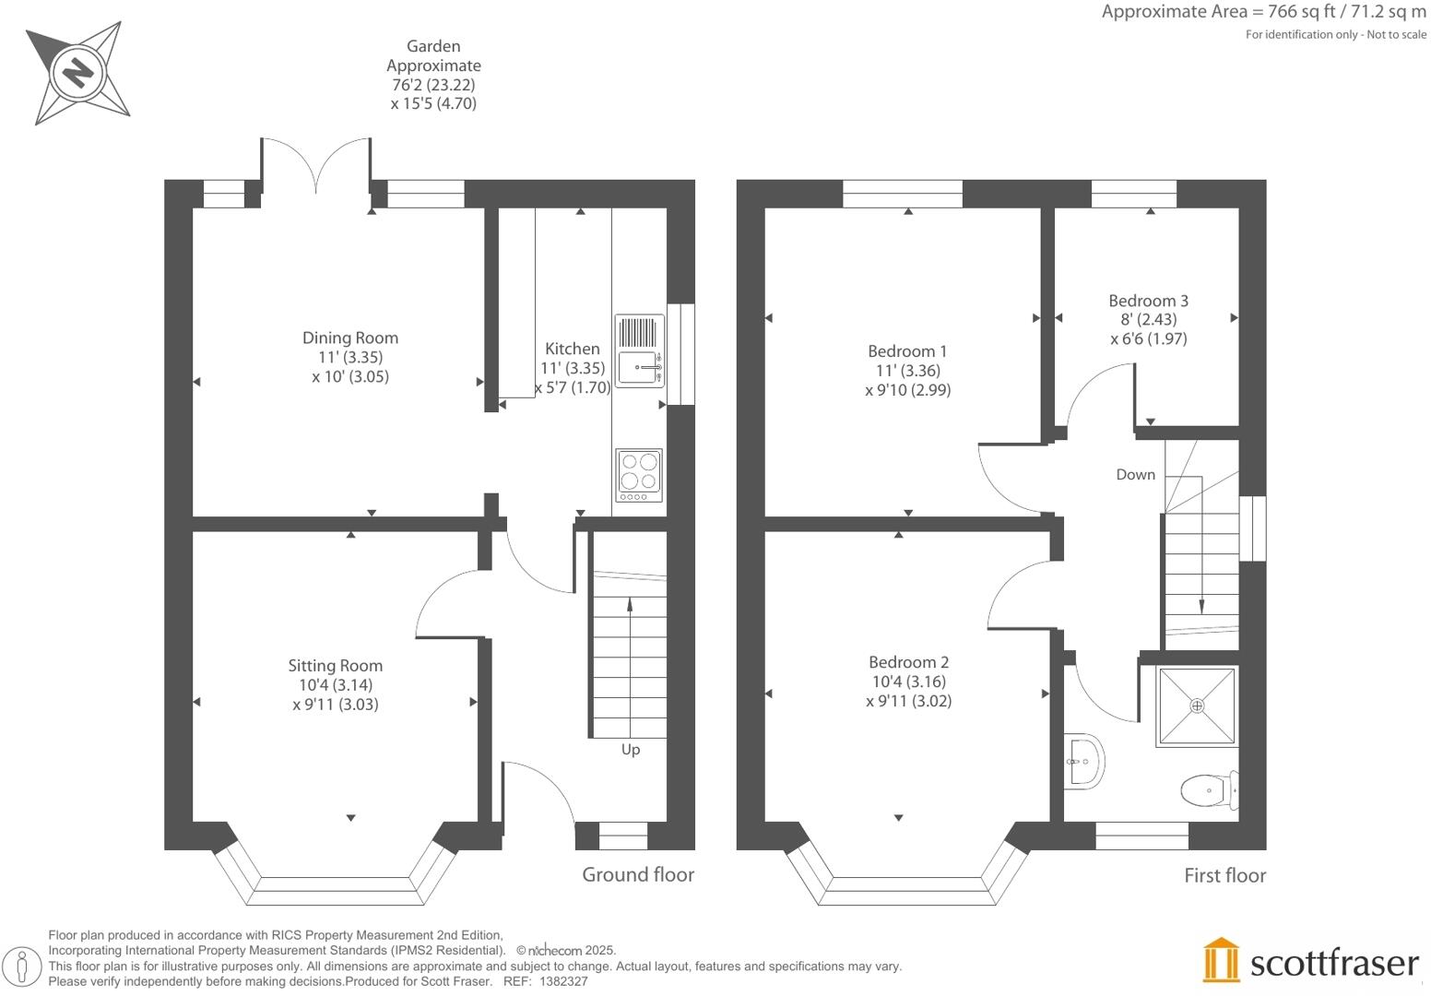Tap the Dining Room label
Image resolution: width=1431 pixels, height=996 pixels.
click(350, 338)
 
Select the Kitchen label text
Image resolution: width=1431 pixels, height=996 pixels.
click(572, 349)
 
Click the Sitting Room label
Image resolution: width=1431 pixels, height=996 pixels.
click(335, 665)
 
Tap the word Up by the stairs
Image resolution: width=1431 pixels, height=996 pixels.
click(631, 749)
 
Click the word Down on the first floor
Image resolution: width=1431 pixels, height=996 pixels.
click(1135, 474)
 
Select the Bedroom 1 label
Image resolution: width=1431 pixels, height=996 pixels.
click(907, 350)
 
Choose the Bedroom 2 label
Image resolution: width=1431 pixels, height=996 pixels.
click(908, 661)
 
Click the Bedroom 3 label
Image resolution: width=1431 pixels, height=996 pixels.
click(1148, 301)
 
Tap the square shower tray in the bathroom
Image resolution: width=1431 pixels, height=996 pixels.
click(1197, 705)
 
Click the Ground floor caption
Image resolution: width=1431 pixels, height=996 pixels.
click(638, 874)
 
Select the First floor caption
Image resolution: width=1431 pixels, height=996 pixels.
click(1224, 875)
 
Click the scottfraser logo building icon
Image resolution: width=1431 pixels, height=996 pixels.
click(1222, 960)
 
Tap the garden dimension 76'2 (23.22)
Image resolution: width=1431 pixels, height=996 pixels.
click(433, 85)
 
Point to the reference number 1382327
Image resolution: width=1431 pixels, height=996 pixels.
click(563, 981)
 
